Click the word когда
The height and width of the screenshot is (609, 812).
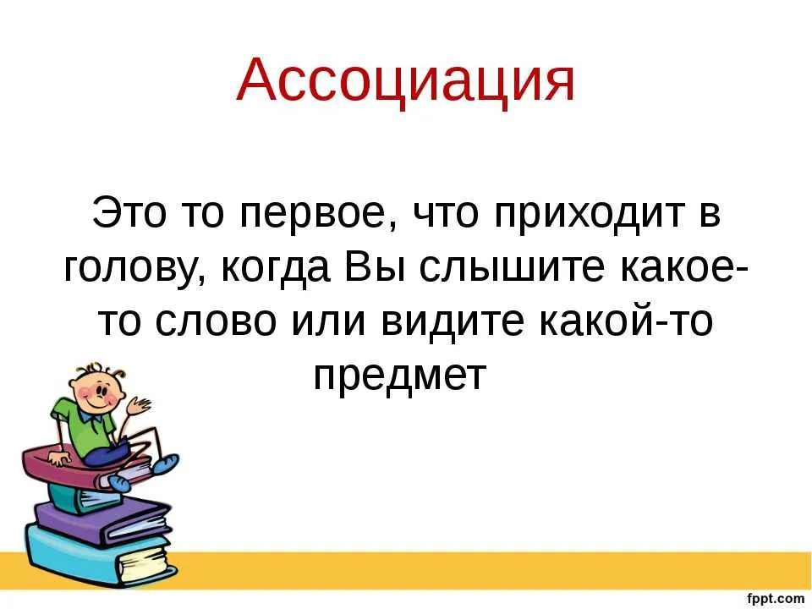click(x=277, y=269)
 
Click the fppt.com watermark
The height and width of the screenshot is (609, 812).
click(x=776, y=599)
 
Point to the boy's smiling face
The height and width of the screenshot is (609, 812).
click(x=97, y=389)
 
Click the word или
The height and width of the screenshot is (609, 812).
click(x=329, y=321)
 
